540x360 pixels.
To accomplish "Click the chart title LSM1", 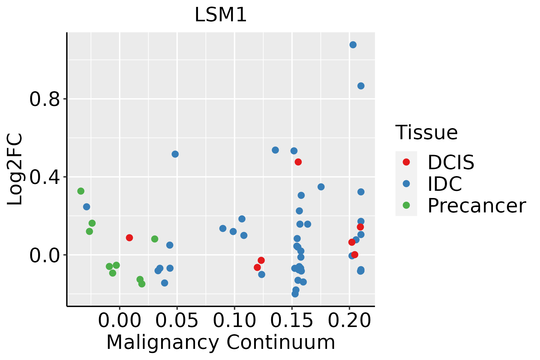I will [220, 15].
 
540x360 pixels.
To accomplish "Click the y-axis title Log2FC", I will [15, 169].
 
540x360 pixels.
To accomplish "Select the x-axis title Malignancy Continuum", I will [220, 343].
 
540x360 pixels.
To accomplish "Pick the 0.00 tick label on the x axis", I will [119, 321].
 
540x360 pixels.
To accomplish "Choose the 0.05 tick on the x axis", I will [177, 321].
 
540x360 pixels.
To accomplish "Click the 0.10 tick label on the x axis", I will [234, 321].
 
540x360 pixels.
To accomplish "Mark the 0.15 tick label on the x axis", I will [292, 321].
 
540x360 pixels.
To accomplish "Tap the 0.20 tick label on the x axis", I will [349, 321].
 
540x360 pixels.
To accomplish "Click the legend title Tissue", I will [426, 132].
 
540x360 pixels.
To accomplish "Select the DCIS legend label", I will [451, 162].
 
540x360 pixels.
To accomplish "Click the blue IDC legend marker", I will [406, 184].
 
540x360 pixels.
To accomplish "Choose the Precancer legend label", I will [476, 205].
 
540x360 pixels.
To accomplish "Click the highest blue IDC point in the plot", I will [353, 45].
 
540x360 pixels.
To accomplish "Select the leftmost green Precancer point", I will [81, 191].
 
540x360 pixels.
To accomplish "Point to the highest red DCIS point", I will [298, 162].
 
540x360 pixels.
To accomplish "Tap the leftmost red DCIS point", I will [129, 238].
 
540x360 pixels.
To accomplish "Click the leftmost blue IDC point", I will [86, 207].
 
